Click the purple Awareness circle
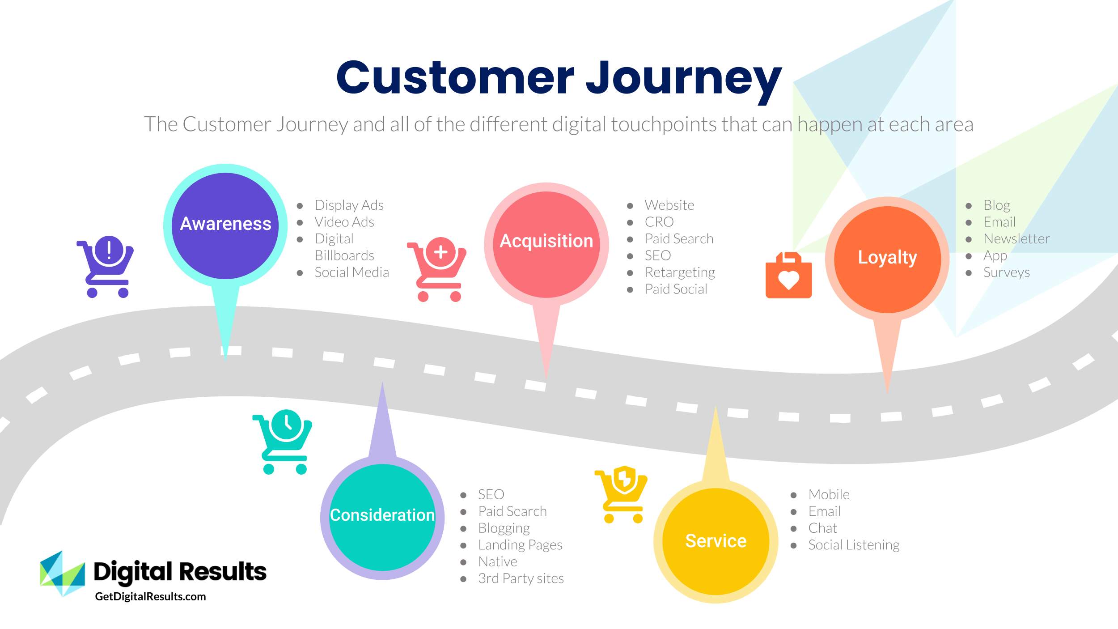coord(225,225)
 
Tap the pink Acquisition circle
coord(546,244)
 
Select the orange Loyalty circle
coord(887,259)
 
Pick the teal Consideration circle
coord(382,517)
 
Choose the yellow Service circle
coord(716,541)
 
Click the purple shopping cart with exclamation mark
coord(106,267)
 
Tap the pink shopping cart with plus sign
coord(437,269)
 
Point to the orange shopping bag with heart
coord(788,276)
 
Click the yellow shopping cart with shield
coord(622,494)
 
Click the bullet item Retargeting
coord(680,272)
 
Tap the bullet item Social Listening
coord(854,545)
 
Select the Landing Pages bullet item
coord(520,545)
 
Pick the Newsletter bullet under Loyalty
coord(1016,239)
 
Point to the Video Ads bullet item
coord(344,222)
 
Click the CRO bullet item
coord(659,222)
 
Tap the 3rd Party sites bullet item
coord(521,578)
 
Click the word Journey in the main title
coord(684,79)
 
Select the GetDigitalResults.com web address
coord(150,597)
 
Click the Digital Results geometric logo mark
coord(62,574)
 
